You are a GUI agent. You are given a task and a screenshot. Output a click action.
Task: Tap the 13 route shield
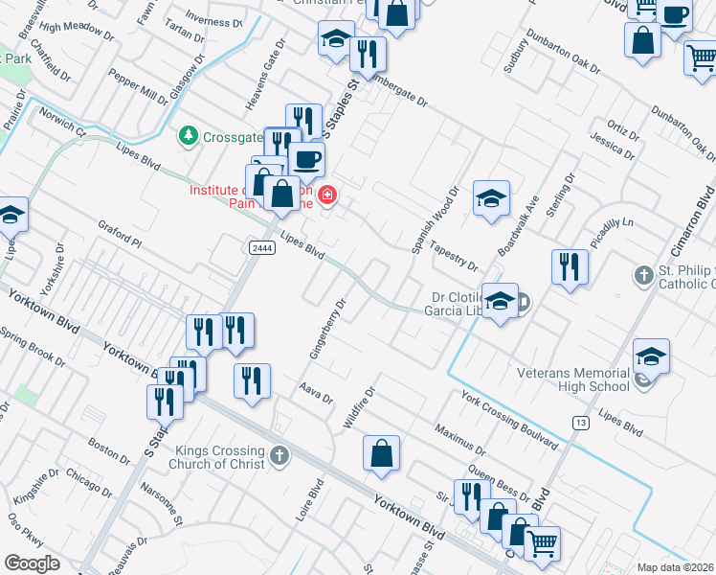click(580, 422)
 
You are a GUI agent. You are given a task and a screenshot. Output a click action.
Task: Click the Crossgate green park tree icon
click(190, 136)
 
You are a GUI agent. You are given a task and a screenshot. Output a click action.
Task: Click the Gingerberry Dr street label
click(326, 329)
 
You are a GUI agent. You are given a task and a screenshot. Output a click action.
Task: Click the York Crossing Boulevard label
click(508, 419)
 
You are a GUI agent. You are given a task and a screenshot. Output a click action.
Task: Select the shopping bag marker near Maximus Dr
click(381, 454)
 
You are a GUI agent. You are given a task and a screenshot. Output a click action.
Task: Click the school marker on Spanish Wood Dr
click(491, 198)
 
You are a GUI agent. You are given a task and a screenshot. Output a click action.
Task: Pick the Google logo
click(32, 563)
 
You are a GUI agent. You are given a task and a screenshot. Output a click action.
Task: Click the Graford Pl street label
click(120, 236)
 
